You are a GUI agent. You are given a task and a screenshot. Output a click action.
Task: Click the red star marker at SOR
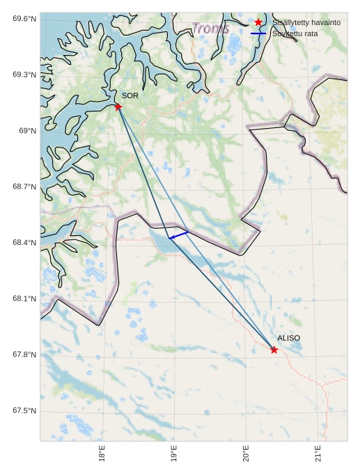point(118,106)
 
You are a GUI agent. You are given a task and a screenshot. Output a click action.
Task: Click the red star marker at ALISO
point(274,349)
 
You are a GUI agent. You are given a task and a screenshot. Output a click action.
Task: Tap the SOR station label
point(130,95)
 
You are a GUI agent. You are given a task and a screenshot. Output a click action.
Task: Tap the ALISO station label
point(288,338)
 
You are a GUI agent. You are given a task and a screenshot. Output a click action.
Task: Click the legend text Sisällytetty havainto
point(306,22)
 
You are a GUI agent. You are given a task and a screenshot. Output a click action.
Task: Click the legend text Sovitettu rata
point(296,33)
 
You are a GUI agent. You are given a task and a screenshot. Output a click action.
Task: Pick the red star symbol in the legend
point(258,22)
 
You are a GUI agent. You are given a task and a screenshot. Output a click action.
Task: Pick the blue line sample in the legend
point(258,33)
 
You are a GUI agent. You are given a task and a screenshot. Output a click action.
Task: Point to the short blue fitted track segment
point(178,235)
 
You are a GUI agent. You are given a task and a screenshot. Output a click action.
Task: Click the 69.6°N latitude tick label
point(24,19)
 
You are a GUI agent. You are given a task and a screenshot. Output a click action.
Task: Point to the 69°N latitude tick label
point(27,131)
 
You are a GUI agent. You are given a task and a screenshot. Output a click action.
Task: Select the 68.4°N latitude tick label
point(24,243)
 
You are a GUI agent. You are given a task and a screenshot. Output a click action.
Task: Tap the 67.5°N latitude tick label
point(24,411)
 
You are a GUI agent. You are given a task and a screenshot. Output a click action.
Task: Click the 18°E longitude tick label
point(102,454)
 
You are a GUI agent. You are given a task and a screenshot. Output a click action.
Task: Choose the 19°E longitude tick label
point(174,454)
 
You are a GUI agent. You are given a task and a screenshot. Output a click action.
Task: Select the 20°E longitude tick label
point(246,454)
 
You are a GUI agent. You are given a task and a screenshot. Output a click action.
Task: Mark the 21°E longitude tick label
point(318,454)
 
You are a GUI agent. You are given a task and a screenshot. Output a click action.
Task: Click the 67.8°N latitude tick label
point(24,355)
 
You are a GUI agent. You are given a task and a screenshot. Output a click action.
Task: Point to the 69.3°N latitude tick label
point(24,74)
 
